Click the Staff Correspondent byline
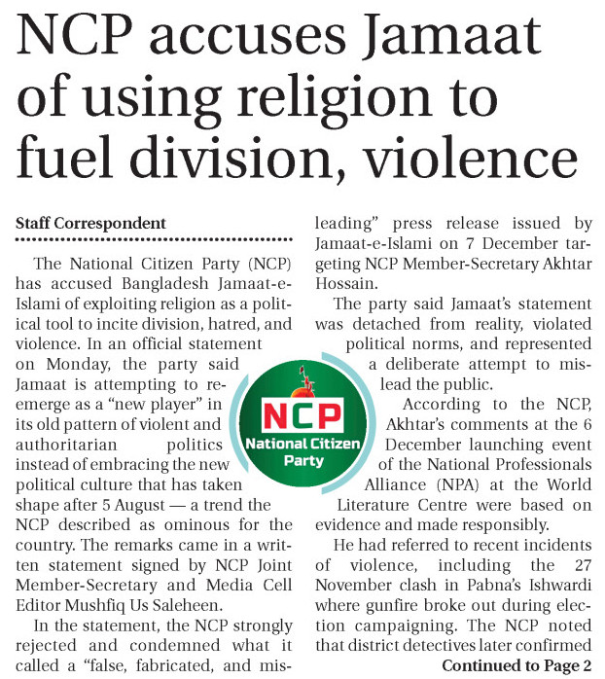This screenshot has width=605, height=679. click(x=90, y=225)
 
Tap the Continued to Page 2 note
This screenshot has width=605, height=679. click(x=516, y=665)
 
